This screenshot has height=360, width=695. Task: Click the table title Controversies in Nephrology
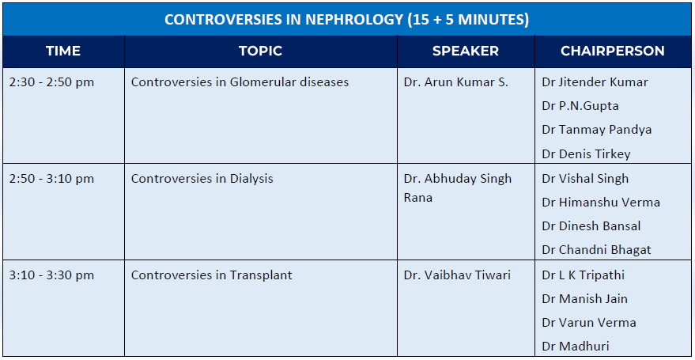(347, 20)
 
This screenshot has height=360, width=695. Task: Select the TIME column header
(63, 51)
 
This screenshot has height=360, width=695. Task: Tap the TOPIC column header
(261, 51)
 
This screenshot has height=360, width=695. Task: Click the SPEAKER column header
(466, 51)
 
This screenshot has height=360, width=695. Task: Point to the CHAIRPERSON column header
(613, 51)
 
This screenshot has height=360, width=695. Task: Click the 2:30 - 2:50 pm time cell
(51, 82)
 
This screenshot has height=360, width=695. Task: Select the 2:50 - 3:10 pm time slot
(51, 179)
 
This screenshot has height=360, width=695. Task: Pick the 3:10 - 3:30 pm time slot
(51, 275)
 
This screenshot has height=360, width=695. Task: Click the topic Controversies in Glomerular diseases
(240, 82)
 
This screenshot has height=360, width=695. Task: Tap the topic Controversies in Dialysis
(202, 179)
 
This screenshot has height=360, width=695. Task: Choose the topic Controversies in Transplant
(211, 275)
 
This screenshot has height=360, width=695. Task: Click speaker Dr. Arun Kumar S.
(456, 82)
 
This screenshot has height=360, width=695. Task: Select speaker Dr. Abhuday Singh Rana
(458, 188)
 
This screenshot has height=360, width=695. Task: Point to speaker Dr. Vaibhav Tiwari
(457, 275)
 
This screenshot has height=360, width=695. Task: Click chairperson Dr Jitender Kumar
(595, 82)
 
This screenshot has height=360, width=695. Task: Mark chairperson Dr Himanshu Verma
(601, 203)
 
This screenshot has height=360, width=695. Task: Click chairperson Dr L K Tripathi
(584, 275)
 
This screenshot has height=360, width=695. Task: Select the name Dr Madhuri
(576, 347)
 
